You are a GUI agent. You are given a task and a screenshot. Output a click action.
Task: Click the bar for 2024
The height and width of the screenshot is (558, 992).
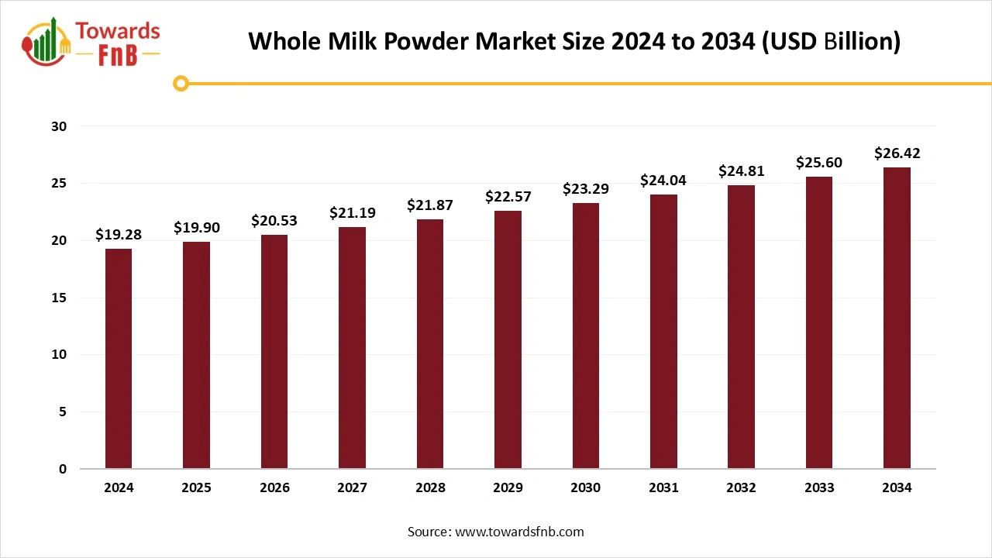point(119,358)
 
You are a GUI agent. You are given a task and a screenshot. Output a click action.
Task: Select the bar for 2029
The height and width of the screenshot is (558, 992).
point(508,339)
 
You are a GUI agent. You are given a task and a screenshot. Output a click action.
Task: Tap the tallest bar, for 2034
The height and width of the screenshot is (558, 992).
point(897,318)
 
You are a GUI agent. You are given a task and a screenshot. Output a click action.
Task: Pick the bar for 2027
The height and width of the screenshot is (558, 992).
point(352,347)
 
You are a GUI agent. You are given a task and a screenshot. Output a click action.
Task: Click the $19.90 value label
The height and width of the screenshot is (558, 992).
point(196,227)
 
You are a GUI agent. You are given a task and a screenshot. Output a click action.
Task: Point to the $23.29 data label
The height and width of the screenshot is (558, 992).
point(585,188)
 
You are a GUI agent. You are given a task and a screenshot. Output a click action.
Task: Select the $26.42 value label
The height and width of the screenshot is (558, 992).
point(897,153)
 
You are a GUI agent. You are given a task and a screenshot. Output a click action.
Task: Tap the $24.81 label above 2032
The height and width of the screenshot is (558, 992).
point(741,170)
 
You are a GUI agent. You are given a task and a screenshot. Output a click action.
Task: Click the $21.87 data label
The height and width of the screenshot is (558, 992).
point(429,205)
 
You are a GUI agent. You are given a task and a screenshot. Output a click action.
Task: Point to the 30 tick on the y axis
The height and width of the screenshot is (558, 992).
point(59,126)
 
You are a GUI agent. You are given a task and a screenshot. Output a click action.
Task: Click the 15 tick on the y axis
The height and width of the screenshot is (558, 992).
point(60,298)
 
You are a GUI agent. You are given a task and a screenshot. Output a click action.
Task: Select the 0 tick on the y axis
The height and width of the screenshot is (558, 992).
point(63,469)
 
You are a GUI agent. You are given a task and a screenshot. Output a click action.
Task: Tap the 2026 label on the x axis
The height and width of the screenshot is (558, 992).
point(274,487)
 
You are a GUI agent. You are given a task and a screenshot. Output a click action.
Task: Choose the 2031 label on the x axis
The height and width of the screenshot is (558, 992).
point(663,487)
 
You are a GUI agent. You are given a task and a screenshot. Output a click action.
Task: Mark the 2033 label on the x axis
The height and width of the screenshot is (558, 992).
point(819,487)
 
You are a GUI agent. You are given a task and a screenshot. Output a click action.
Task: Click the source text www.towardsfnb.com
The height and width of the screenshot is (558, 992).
point(518,532)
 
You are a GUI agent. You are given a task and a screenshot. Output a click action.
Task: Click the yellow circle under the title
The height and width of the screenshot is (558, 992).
point(181,83)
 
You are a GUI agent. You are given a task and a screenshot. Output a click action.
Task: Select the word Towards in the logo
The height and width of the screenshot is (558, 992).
point(118,32)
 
